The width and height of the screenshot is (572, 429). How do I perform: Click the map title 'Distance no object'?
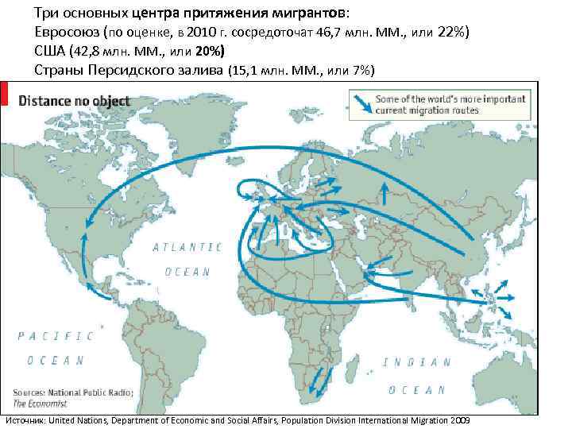point(75,102)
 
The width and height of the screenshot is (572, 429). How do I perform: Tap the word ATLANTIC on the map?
point(187,247)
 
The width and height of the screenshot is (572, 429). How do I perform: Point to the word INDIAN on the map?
point(412,362)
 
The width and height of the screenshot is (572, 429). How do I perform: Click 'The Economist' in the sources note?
point(34,404)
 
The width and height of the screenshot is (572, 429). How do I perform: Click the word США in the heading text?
point(49,52)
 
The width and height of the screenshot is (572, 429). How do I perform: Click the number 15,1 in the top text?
point(245,70)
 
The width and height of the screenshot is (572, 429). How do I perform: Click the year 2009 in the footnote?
point(458,419)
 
